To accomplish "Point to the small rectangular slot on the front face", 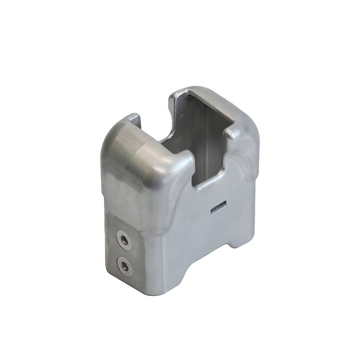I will [218, 207].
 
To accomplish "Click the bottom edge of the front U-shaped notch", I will [208, 184].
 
